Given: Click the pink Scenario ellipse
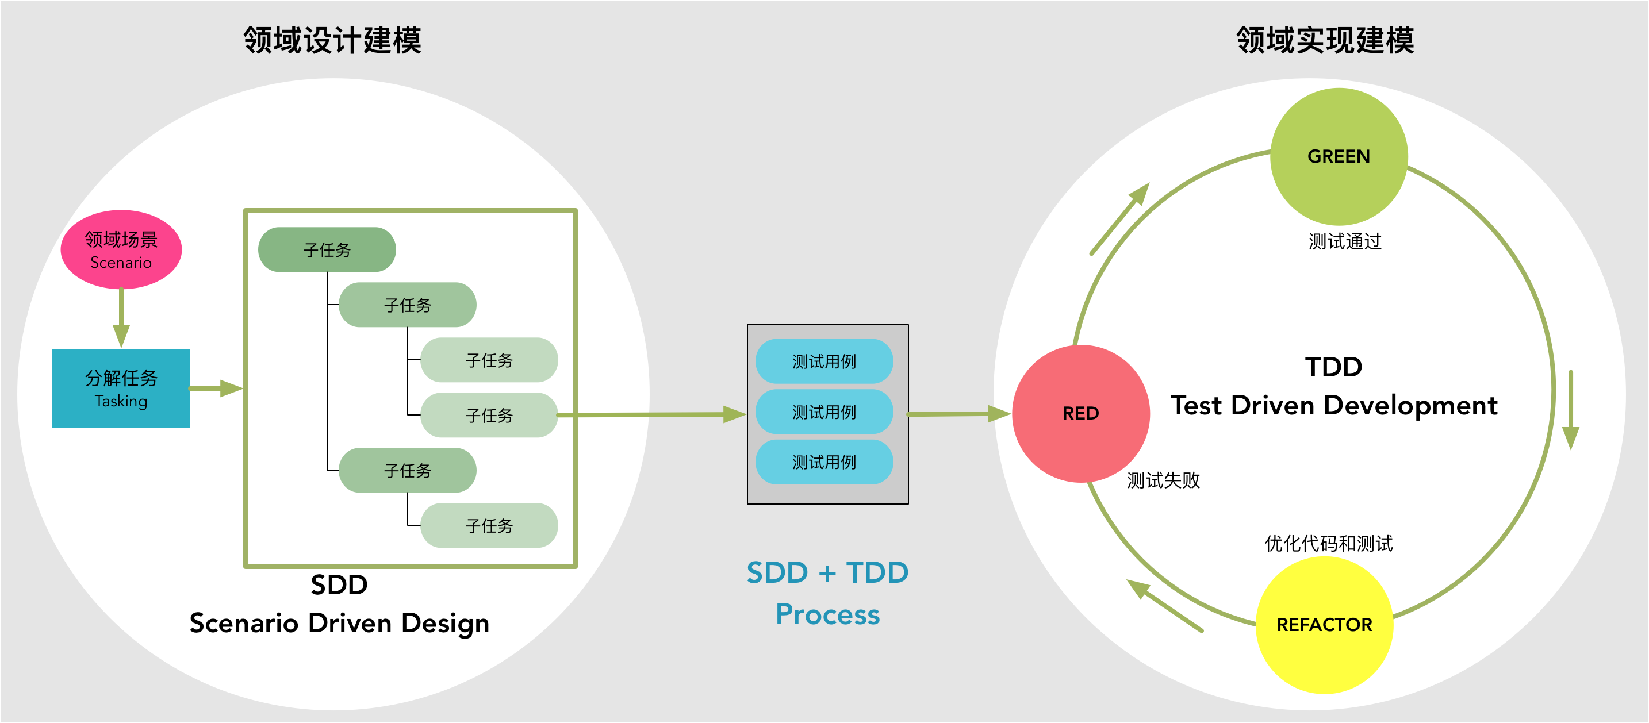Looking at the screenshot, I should pos(121,249).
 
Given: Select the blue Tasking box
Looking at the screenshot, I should pos(121,389).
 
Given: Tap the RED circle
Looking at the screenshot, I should pos(1080,414).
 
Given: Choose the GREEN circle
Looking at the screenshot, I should pos(1339,156).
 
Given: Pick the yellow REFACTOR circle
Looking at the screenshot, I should pos(1325,625).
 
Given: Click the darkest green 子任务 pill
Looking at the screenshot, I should pos(327,249).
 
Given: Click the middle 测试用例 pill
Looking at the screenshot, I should pos(824,412).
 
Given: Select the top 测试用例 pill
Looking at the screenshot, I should pos(824,362).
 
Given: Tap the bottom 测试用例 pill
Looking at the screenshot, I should pos(824,462).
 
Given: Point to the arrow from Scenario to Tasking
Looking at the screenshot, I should pos(121,317).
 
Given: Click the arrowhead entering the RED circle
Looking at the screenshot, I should pos(999,414).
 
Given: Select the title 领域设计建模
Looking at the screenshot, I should pos(332,40).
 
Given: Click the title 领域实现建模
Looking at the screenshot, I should pos(1325,40).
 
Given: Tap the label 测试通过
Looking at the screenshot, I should pos(1344,241).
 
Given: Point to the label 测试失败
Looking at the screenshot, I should pos(1163,480).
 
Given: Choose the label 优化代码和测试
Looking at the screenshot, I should pos(1328,543).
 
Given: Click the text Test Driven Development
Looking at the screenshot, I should pos(1334,406).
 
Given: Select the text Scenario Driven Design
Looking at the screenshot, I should pos(339,623).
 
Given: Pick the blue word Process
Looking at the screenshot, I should pos(828,614).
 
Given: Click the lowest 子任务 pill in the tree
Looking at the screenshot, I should pos(489,525).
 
